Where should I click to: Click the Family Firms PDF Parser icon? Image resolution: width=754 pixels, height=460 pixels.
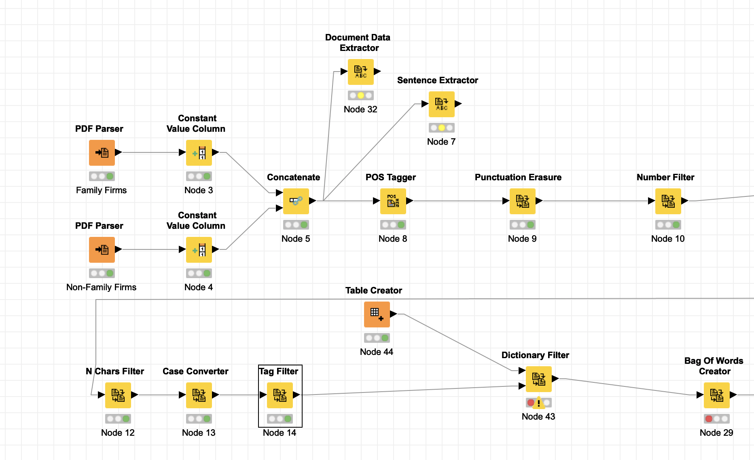[x=102, y=153]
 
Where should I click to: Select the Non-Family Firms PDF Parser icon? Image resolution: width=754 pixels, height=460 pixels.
[x=102, y=250]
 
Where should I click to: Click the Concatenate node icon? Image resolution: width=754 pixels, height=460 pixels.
[x=296, y=201]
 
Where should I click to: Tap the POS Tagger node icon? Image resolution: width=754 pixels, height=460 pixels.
[x=393, y=201]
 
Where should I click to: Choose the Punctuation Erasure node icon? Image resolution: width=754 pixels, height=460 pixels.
[x=523, y=201]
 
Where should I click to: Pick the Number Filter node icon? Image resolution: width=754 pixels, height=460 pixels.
[x=668, y=201]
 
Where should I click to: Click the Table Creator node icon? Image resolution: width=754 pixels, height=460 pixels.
[x=377, y=314]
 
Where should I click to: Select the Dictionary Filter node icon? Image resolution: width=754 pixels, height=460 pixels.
[x=539, y=379]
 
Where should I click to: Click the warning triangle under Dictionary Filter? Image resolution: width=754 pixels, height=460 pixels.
[x=539, y=403]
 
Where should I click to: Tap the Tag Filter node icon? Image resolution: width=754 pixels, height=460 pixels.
[x=280, y=395]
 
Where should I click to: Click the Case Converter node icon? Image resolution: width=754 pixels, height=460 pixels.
[x=199, y=395]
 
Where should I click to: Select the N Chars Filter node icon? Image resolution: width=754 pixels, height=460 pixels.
[x=118, y=395]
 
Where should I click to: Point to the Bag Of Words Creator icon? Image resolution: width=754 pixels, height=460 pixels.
[x=717, y=395]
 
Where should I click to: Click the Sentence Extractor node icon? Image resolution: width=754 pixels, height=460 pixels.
[x=442, y=104]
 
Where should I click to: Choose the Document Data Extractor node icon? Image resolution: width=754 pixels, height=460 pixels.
[x=361, y=72]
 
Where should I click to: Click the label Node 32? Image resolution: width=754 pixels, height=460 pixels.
[x=360, y=110]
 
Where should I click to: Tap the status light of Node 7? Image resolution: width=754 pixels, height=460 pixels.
[x=442, y=128]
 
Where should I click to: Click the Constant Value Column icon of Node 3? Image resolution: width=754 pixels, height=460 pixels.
[x=199, y=153]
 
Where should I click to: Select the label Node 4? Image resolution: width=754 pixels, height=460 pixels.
[x=198, y=287]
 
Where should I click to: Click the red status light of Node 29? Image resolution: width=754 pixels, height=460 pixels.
[x=709, y=419]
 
